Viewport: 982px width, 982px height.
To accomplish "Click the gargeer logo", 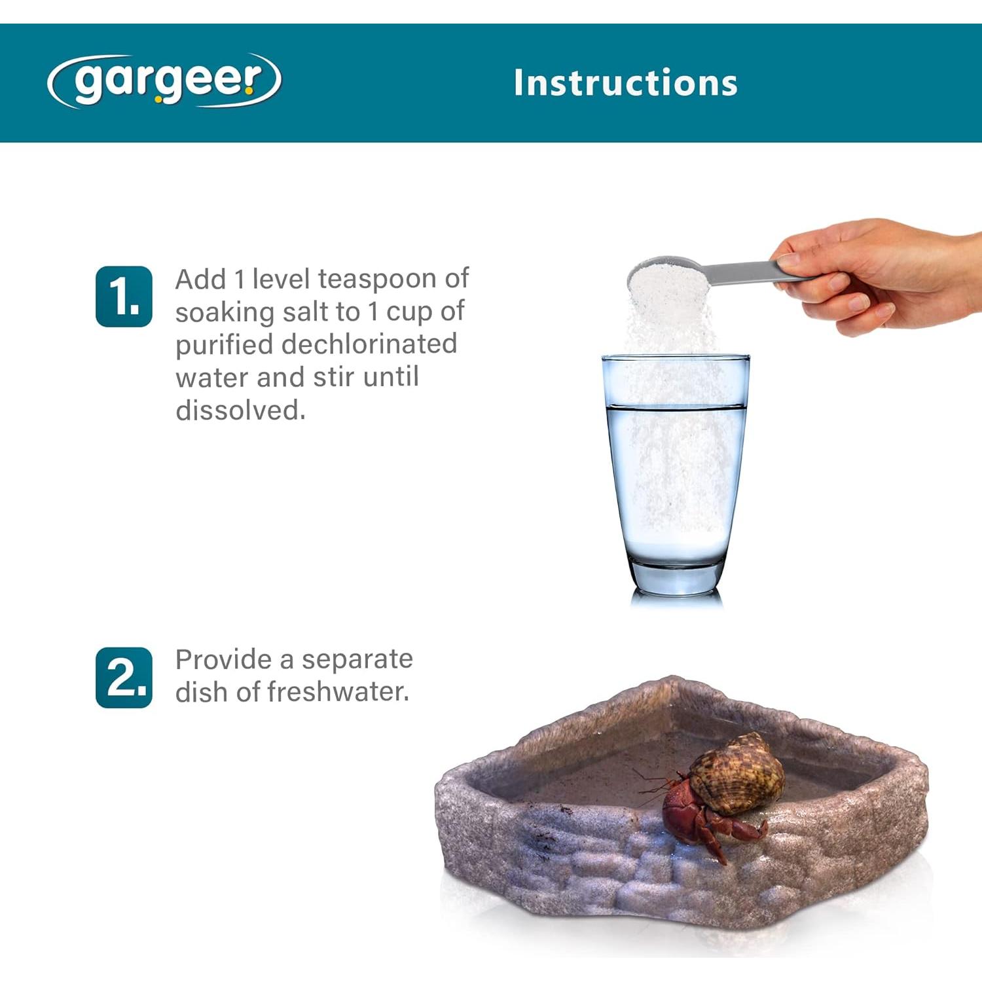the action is pyautogui.click(x=164, y=81).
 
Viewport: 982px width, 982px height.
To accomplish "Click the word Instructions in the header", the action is pyautogui.click(x=625, y=83).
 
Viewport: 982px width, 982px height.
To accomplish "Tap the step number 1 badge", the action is pyautogui.click(x=124, y=296).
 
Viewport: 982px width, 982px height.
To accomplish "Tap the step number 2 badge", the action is pyautogui.click(x=124, y=678).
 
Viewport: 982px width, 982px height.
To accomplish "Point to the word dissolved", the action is pyautogui.click(x=240, y=410).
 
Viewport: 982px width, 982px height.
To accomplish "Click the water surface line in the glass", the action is pyautogui.click(x=676, y=407).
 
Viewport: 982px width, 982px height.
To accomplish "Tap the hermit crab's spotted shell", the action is pyautogui.click(x=737, y=774).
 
